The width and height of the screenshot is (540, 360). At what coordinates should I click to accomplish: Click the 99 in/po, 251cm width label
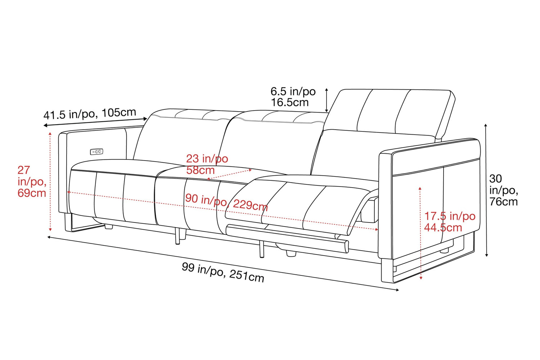click(223, 272)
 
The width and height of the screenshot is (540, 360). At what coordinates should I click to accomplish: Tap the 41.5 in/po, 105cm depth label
click(90, 114)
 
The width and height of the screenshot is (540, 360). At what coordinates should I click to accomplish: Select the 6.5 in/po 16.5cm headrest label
click(293, 97)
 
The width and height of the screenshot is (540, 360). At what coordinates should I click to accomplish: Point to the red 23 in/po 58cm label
click(207, 164)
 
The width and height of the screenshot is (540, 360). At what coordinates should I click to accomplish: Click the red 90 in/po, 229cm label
click(226, 202)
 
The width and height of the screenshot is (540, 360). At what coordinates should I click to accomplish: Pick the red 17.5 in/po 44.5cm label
click(449, 222)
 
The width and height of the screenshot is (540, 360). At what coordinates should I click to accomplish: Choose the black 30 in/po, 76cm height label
click(503, 190)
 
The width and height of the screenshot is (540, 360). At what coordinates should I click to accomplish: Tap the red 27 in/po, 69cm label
click(32, 181)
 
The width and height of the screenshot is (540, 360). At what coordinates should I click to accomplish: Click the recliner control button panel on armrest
click(96, 152)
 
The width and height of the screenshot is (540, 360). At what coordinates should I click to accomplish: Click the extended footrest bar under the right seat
click(288, 238)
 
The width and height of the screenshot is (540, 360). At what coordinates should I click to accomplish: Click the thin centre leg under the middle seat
click(177, 236)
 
